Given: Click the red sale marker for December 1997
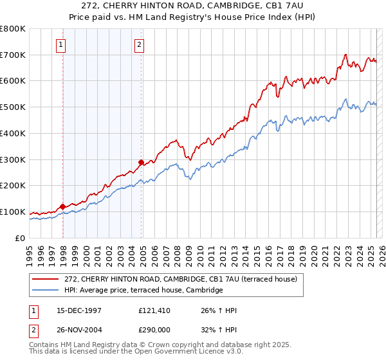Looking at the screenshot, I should point(63,206).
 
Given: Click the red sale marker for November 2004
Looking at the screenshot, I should point(142,162).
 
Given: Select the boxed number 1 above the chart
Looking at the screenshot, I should point(60,44).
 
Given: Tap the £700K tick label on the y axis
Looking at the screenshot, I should point(13,55).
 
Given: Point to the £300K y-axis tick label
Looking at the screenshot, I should point(13,159).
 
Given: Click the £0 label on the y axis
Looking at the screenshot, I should point(21,238).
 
